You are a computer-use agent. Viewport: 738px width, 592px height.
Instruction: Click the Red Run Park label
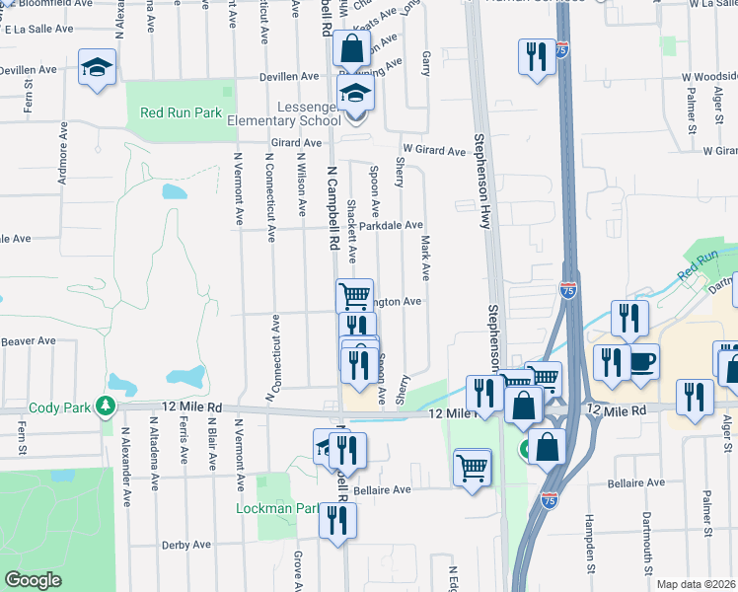point(181,113)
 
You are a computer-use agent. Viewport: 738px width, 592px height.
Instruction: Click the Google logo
point(33,580)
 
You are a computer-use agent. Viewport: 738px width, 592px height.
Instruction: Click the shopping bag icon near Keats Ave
point(351,47)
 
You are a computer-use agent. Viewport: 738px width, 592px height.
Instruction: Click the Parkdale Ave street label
point(391,226)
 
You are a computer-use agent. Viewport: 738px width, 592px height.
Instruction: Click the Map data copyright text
point(697,584)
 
